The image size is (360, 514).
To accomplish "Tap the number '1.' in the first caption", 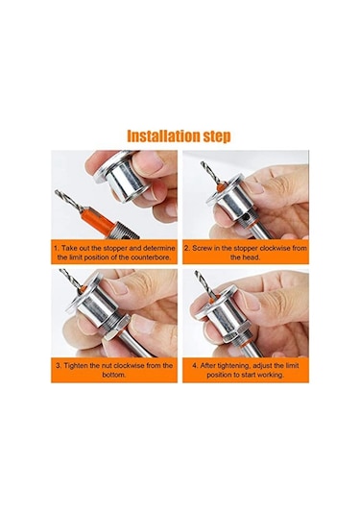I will [59, 247].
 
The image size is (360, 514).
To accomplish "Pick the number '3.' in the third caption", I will [59, 365].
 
